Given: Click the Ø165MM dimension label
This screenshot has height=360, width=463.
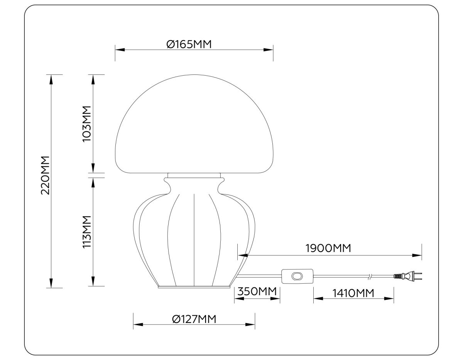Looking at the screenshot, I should pyautogui.click(x=189, y=44).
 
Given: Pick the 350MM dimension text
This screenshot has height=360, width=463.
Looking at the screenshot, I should pyautogui.click(x=257, y=292).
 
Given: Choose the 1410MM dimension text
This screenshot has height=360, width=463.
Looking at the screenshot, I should pyautogui.click(x=353, y=293).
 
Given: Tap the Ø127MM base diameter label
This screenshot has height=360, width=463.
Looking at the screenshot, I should pyautogui.click(x=194, y=319).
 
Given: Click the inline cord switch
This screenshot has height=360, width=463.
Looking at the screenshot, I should pyautogui.click(x=296, y=276).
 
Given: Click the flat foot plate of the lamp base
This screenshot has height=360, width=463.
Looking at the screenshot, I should pyautogui.click(x=194, y=287).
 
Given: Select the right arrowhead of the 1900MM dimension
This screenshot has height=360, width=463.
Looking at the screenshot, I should pyautogui.click(x=417, y=255).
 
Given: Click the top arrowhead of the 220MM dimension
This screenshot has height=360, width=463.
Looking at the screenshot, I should pyautogui.click(x=50, y=79).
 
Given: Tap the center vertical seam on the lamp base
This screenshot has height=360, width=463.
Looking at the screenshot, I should pyautogui.click(x=193, y=239).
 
